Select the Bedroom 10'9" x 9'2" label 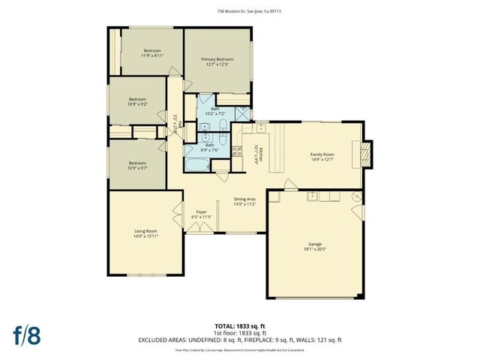click(136, 102)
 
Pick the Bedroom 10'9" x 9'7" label click(136, 165)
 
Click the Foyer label click(201, 214)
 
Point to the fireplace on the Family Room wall click(366, 153)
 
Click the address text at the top click(239, 11)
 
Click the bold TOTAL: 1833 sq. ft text click(240, 326)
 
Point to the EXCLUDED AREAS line click(240, 340)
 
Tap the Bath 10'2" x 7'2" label click(215, 112)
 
